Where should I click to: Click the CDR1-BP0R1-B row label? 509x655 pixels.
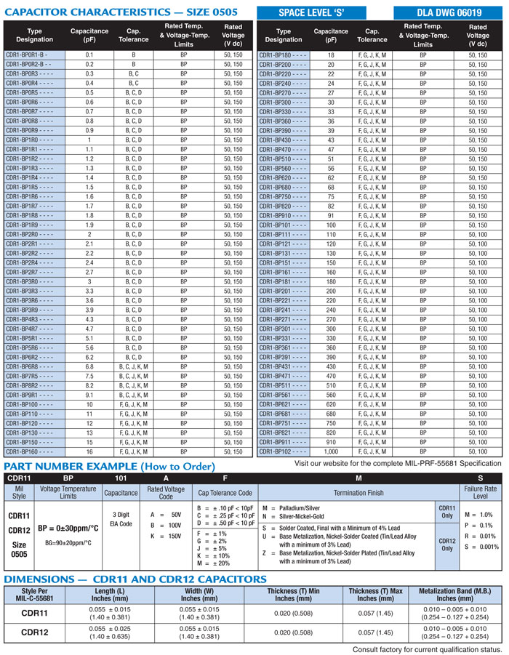pos(26,55)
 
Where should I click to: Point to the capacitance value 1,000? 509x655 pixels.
pos(331,451)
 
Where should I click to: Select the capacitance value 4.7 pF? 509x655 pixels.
pos(89,329)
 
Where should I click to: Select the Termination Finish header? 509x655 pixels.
pos(358,492)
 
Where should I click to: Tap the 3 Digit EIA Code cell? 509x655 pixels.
pos(120,518)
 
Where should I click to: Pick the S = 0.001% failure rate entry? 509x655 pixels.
pos(481,546)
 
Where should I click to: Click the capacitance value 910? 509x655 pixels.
pos(331,442)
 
